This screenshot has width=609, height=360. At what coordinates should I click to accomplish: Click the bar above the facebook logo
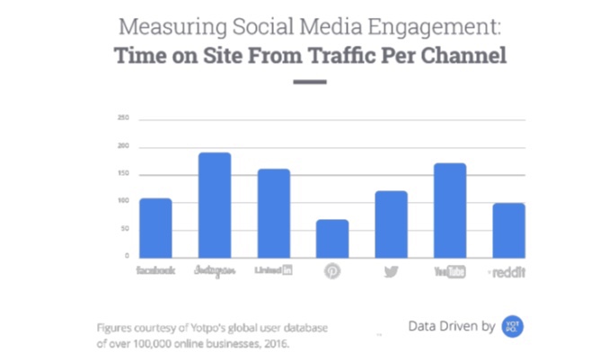(155, 227)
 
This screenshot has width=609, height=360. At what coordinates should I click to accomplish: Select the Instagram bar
(214, 205)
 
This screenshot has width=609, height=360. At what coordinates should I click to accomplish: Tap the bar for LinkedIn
(273, 213)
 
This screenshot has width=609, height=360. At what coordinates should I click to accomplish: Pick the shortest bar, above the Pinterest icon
(332, 238)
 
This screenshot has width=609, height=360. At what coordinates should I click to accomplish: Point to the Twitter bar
(391, 224)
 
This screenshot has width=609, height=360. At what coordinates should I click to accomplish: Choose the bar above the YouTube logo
(450, 210)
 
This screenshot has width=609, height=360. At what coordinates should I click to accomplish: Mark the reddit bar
(508, 230)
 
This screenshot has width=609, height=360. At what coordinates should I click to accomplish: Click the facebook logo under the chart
(155, 270)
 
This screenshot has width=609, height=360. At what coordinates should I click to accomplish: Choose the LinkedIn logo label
(273, 270)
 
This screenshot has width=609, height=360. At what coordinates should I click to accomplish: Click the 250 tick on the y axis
(123, 118)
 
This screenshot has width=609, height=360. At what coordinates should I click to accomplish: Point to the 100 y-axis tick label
(123, 201)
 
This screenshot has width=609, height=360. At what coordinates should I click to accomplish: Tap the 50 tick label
(125, 229)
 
